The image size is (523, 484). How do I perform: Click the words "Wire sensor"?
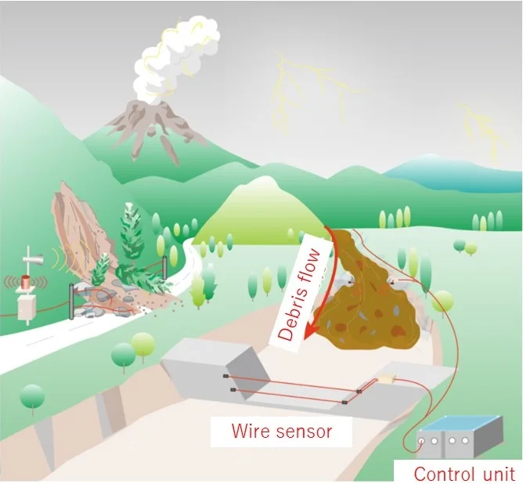pyautogui.click(x=281, y=431)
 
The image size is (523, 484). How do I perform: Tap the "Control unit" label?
pyautogui.click(x=464, y=473)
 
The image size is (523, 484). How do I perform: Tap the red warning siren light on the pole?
pyautogui.click(x=27, y=280)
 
